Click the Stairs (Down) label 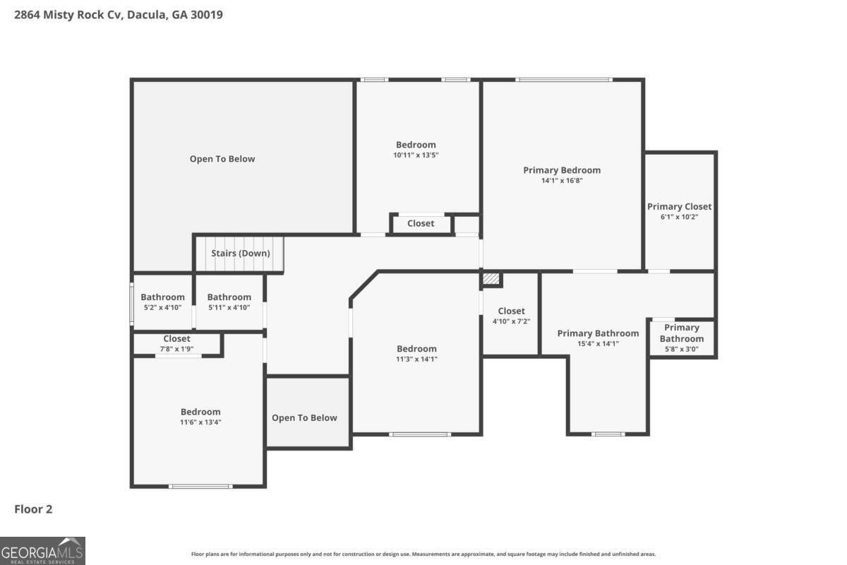241,253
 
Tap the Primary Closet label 679,207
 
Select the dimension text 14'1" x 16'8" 562,181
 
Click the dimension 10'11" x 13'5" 416,155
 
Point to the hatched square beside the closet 491,279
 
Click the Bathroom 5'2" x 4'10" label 162,297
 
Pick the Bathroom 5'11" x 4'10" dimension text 229,308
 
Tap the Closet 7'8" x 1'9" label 176,339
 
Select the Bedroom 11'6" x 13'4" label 200,412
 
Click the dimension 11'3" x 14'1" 416,359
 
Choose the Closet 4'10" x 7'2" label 511,311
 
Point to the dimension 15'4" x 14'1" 599,344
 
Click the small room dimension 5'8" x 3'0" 682,349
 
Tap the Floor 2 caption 33,509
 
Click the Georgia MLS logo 42,551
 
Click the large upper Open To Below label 222,159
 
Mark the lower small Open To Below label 304,418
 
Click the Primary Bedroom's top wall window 564,80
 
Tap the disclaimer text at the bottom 423,554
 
